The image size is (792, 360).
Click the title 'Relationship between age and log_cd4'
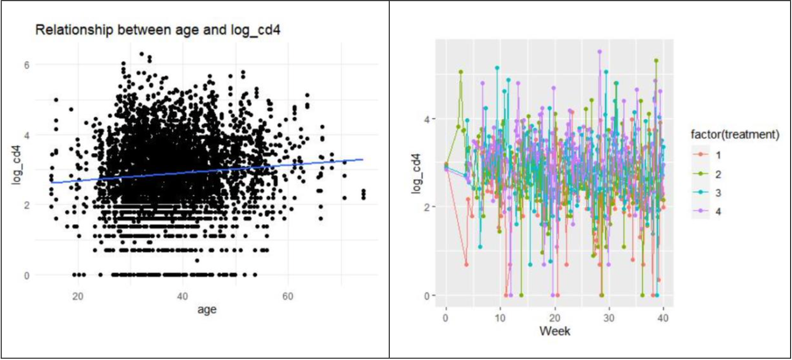point(158,30)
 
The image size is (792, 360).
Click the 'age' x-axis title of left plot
point(207,310)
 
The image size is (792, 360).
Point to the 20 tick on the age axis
point(78,296)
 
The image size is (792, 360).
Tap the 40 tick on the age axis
point(182,296)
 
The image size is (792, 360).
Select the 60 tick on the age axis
point(287,296)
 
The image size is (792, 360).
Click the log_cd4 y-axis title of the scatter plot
point(17,170)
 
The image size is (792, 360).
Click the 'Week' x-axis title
point(555,331)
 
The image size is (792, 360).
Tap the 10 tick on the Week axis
point(500,318)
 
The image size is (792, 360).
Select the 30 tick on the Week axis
point(609,318)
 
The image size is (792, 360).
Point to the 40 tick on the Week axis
point(663,318)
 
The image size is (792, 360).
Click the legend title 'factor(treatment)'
point(734,135)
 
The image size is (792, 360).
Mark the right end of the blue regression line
point(363,159)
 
